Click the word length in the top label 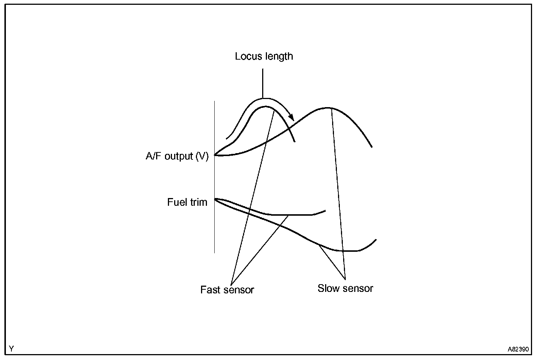click(279, 56)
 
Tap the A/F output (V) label click(177, 156)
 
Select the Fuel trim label click(187, 202)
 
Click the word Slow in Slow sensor click(328, 288)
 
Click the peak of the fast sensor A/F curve click(265, 107)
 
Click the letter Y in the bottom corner click(11, 348)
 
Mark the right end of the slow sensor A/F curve click(372, 147)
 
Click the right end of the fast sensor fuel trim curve click(325, 211)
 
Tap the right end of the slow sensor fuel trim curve click(376, 240)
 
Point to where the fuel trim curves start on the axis click(215, 199)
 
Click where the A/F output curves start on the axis click(215, 155)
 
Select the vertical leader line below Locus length click(263, 83)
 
